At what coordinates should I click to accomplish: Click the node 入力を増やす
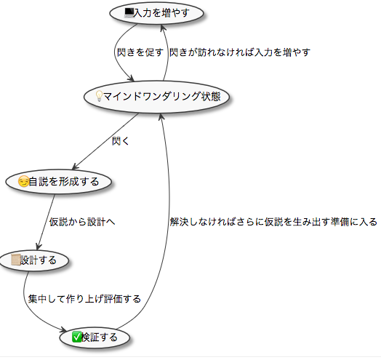(x=156, y=13)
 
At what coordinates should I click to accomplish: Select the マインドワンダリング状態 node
(x=156, y=97)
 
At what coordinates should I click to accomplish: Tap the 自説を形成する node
(x=59, y=181)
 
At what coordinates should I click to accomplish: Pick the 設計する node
(x=34, y=260)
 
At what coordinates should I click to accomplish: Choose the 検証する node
(x=95, y=337)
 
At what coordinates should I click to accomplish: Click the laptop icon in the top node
(x=129, y=13)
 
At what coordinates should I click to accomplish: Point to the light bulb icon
(x=99, y=96)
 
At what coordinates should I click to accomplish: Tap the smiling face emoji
(x=23, y=182)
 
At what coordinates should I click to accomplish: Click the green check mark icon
(x=76, y=337)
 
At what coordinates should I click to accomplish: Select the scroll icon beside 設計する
(x=16, y=260)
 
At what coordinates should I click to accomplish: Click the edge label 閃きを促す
(x=140, y=52)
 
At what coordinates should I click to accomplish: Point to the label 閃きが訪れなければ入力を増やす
(x=240, y=52)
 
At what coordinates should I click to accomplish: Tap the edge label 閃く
(x=120, y=141)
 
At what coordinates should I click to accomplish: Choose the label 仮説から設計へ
(x=82, y=222)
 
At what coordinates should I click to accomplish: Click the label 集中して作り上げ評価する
(x=84, y=299)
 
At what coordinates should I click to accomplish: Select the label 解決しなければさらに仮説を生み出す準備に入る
(x=273, y=222)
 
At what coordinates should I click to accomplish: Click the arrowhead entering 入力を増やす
(x=164, y=28)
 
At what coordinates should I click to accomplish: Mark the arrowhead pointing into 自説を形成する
(x=76, y=167)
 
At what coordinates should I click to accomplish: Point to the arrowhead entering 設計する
(x=39, y=247)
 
